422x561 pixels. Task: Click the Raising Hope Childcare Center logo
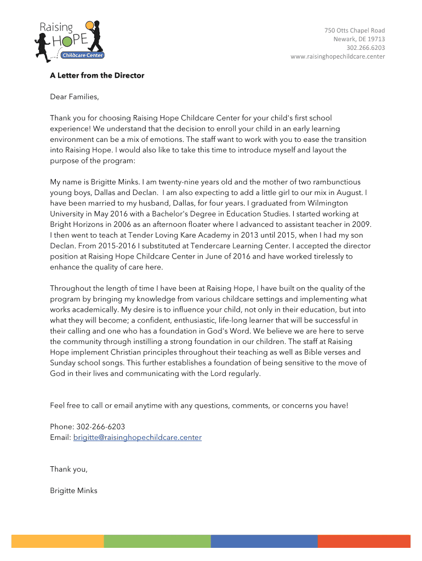[x=69, y=40]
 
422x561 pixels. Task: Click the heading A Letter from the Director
[x=97, y=76]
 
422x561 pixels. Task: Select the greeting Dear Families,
[x=75, y=97]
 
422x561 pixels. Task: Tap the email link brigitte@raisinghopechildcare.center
[x=138, y=437]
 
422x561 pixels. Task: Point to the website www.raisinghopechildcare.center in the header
[x=338, y=56]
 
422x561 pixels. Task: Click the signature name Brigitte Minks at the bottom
[x=73, y=490]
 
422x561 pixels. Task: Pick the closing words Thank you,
[x=69, y=469]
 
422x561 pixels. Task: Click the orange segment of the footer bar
[x=58, y=541]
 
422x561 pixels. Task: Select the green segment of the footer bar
[x=157, y=541]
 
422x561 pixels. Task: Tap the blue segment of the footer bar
[x=264, y=541]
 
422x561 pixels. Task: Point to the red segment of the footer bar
[x=363, y=541]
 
